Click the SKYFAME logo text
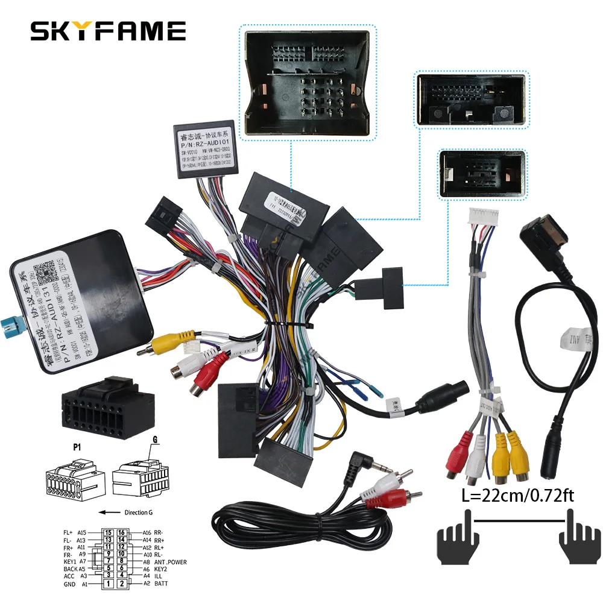click(108, 31)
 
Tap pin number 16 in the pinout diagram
click(121, 533)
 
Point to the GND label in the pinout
click(69, 584)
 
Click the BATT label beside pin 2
click(160, 584)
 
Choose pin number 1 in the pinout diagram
click(108, 584)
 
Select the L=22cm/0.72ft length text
click(512, 497)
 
